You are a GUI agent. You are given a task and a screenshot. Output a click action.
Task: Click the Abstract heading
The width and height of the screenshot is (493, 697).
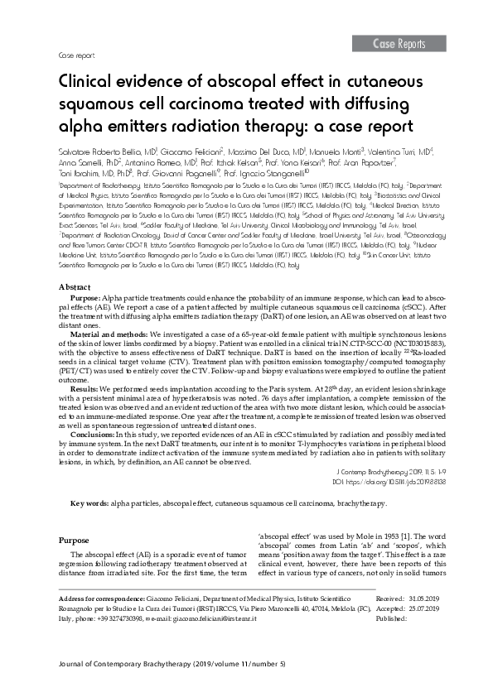(x=75, y=286)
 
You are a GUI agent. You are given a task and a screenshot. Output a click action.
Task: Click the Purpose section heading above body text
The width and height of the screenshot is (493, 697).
(x=75, y=540)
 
